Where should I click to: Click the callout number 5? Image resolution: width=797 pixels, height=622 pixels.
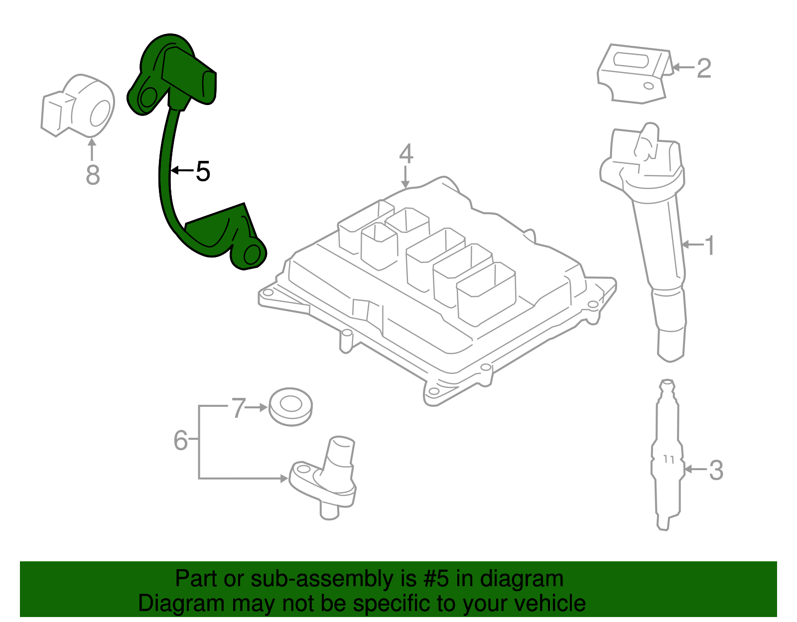click(x=203, y=171)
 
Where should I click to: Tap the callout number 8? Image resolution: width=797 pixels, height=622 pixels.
click(x=93, y=175)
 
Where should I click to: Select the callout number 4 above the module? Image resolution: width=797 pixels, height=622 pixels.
click(x=406, y=154)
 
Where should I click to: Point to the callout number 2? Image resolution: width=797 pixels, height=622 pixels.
click(x=703, y=68)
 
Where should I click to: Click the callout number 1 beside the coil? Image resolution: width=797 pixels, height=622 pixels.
click(x=709, y=246)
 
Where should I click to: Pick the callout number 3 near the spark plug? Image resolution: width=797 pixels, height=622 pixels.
click(x=715, y=470)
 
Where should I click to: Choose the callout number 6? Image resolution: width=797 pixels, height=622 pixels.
click(x=180, y=440)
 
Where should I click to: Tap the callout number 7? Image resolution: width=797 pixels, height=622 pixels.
click(x=239, y=408)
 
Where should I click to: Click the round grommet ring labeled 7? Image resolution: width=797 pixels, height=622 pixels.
click(x=290, y=406)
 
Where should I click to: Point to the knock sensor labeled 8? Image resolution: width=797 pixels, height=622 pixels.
click(x=80, y=107)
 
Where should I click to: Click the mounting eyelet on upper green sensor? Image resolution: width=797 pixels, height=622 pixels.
click(x=148, y=97)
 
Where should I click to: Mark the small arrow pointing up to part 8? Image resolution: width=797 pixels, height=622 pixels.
click(x=92, y=148)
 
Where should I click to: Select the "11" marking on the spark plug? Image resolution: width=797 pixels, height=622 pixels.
click(x=668, y=459)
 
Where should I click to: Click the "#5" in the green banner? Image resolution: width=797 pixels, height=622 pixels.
click(x=436, y=579)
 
